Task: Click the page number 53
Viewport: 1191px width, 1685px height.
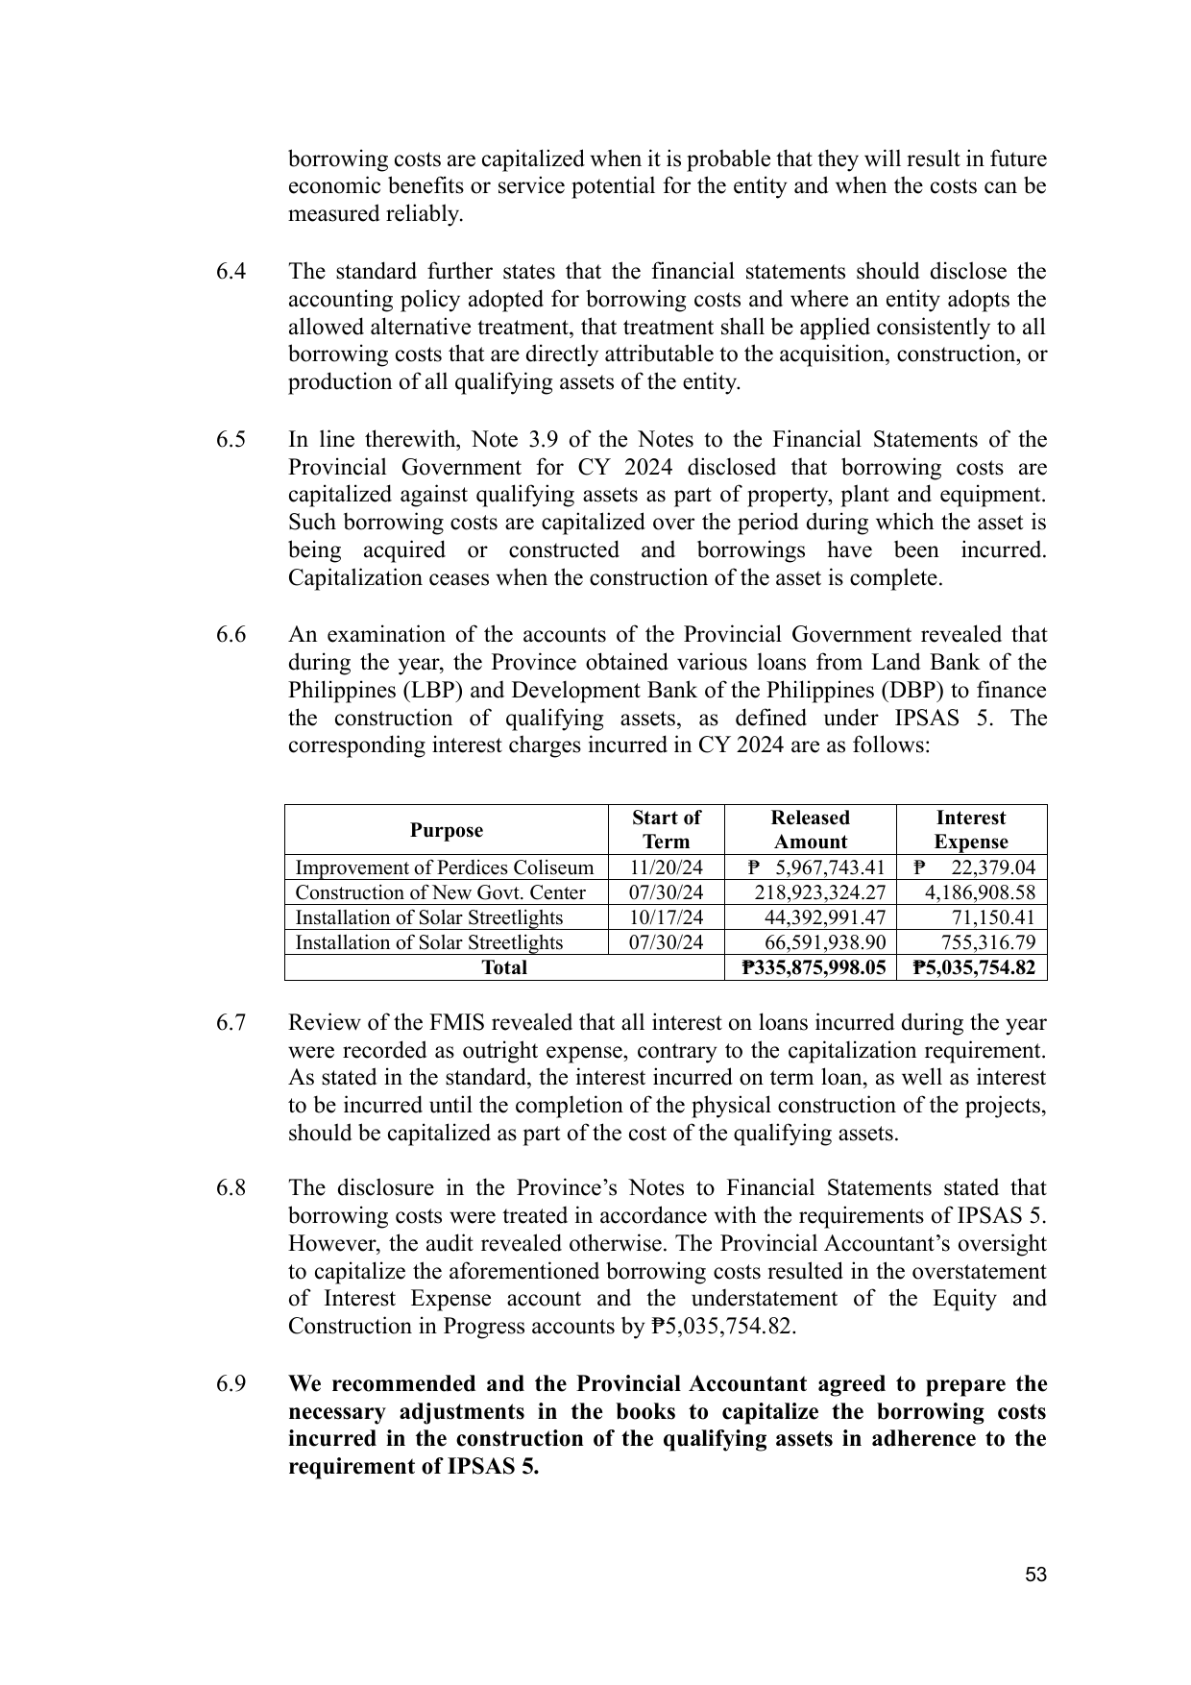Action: point(1034,1575)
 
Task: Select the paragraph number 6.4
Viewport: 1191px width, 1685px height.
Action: point(231,272)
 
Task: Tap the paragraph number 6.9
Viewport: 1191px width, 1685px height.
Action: point(231,1384)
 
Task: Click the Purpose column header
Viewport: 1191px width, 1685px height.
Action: point(447,830)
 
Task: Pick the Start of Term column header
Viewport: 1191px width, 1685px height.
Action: point(666,830)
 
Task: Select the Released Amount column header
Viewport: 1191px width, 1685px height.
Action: point(810,830)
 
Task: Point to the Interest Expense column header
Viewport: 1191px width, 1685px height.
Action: point(970,830)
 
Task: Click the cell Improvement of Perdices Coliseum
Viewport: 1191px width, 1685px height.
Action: point(444,867)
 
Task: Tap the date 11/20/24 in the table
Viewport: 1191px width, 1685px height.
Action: point(666,867)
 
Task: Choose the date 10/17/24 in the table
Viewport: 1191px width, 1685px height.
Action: point(666,917)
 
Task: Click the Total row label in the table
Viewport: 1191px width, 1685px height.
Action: point(503,967)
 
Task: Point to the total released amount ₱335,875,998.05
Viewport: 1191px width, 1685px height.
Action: point(814,967)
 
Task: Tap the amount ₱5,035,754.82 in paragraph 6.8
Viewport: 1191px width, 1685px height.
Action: point(722,1327)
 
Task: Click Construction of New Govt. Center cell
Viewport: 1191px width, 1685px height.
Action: point(440,892)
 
